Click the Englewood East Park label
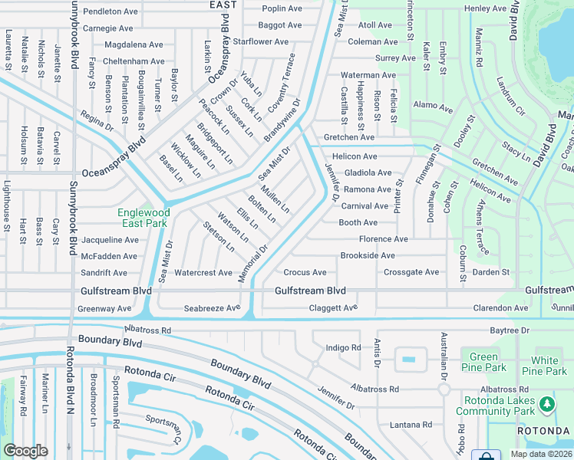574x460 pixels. pyautogui.click(x=142, y=218)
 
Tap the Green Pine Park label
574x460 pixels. pyautogui.click(x=483, y=362)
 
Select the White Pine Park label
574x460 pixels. pyautogui.click(x=545, y=366)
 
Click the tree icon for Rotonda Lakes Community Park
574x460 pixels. pyautogui.click(x=546, y=403)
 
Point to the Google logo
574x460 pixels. pyautogui.click(x=25, y=451)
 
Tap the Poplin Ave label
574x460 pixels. pyautogui.click(x=281, y=8)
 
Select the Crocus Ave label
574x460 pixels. pyautogui.click(x=305, y=272)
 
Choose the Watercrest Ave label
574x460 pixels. pyautogui.click(x=203, y=273)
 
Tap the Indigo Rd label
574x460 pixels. pyautogui.click(x=343, y=347)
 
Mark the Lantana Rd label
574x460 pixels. pyautogui.click(x=411, y=425)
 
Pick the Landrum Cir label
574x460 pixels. pyautogui.click(x=510, y=96)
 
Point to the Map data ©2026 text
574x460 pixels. pyautogui.click(x=541, y=454)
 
